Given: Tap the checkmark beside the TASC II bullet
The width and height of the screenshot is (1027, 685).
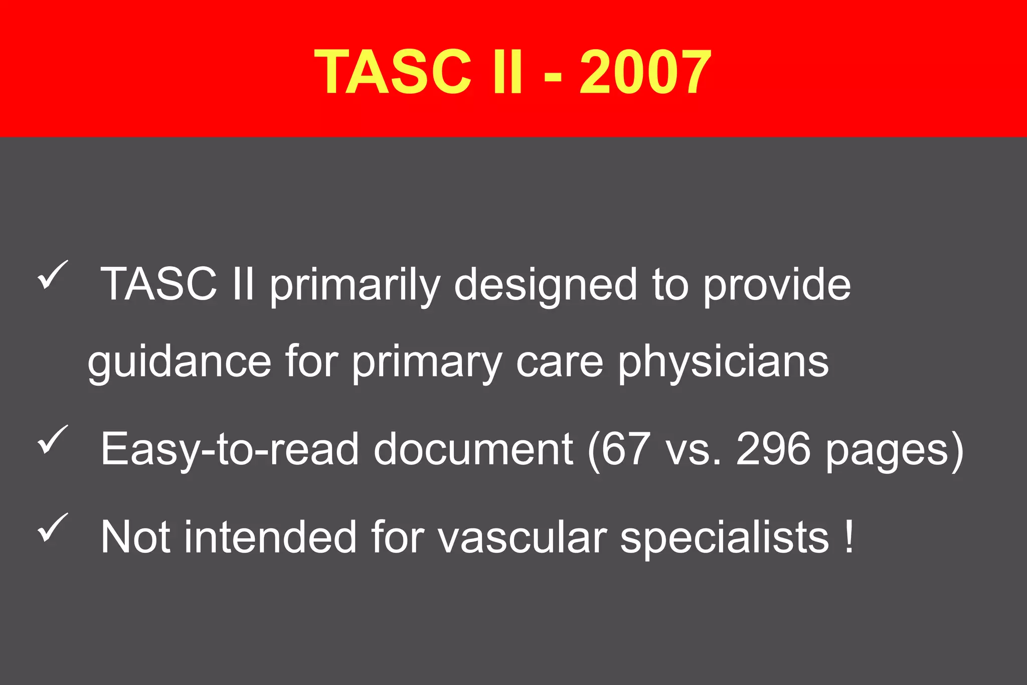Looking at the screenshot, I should (52, 275).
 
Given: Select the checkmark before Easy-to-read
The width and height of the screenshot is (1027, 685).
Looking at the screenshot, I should (52, 439).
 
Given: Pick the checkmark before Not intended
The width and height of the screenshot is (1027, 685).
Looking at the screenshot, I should (52, 528).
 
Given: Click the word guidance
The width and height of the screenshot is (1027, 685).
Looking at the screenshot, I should (180, 362).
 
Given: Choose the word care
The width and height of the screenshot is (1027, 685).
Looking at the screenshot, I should (560, 362).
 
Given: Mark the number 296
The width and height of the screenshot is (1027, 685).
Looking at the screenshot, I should (773, 449).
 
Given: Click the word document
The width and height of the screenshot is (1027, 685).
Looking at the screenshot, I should (473, 449).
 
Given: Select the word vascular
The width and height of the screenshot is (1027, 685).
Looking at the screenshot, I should (522, 538).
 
